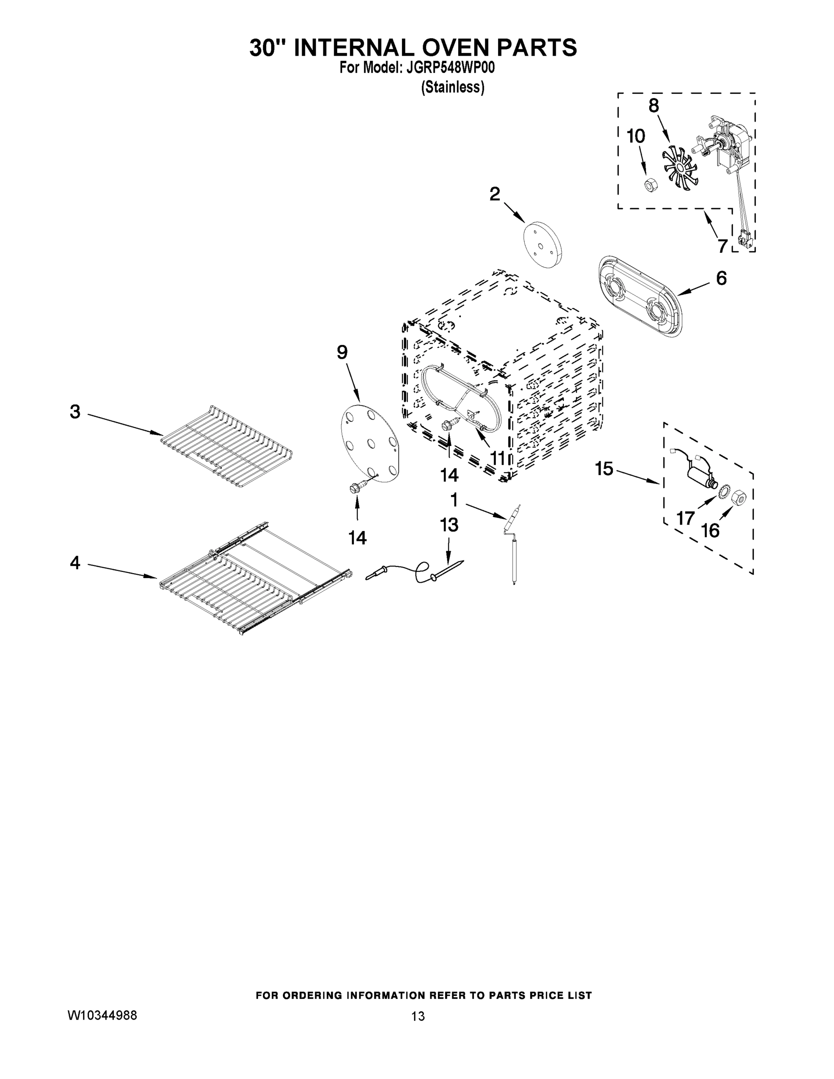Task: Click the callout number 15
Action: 604,468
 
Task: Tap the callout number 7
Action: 723,245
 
